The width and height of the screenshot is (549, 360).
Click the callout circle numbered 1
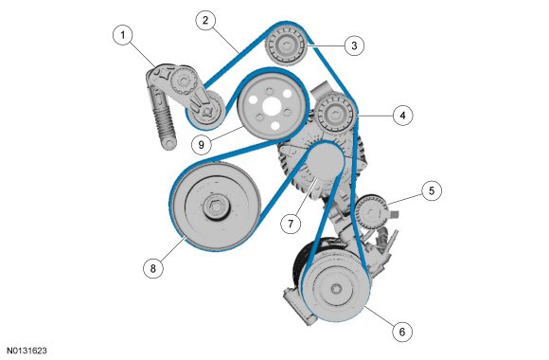point(123,35)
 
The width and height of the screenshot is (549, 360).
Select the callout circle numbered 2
point(205,20)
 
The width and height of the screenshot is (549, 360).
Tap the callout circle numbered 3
point(354,45)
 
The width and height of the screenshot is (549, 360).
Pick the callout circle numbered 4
point(402,116)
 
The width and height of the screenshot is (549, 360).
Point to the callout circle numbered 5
point(432,191)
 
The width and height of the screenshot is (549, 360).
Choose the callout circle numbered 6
point(402,332)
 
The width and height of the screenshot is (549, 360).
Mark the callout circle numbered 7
point(291,224)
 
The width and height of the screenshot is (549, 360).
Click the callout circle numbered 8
point(153,268)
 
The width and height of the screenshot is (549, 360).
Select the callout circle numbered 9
point(202,144)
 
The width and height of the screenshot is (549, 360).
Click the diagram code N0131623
point(27,351)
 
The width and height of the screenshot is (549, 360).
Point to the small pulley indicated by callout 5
point(372,212)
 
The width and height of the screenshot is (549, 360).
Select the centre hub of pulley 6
point(336,289)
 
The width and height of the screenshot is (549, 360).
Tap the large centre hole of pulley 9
point(272,105)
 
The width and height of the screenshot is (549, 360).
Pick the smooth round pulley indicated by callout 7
point(325,164)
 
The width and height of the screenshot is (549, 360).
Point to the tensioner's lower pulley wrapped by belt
point(205,110)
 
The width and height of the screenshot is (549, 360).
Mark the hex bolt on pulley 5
point(372,212)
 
